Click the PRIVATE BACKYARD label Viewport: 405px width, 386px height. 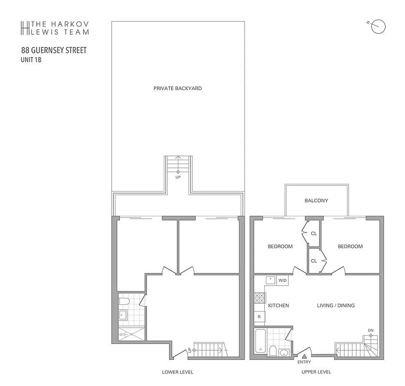(177, 88)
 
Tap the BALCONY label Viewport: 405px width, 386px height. (316, 200)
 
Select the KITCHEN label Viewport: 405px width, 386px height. (278, 305)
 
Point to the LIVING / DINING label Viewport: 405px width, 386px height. (335, 305)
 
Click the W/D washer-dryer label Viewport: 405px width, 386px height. (282, 280)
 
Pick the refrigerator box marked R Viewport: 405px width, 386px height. (260, 317)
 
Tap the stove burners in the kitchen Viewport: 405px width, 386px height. (259, 298)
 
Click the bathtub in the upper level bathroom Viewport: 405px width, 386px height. (260, 341)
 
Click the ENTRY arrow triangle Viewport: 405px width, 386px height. (304, 356)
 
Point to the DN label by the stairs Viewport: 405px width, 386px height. (371, 331)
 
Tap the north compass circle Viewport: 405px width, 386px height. (379, 27)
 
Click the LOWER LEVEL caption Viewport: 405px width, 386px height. (177, 372)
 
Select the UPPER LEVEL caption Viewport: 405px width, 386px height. (316, 372)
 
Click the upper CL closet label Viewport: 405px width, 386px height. (314, 234)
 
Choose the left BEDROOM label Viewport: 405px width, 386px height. (280, 247)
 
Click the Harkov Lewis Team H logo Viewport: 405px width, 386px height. (25, 28)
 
